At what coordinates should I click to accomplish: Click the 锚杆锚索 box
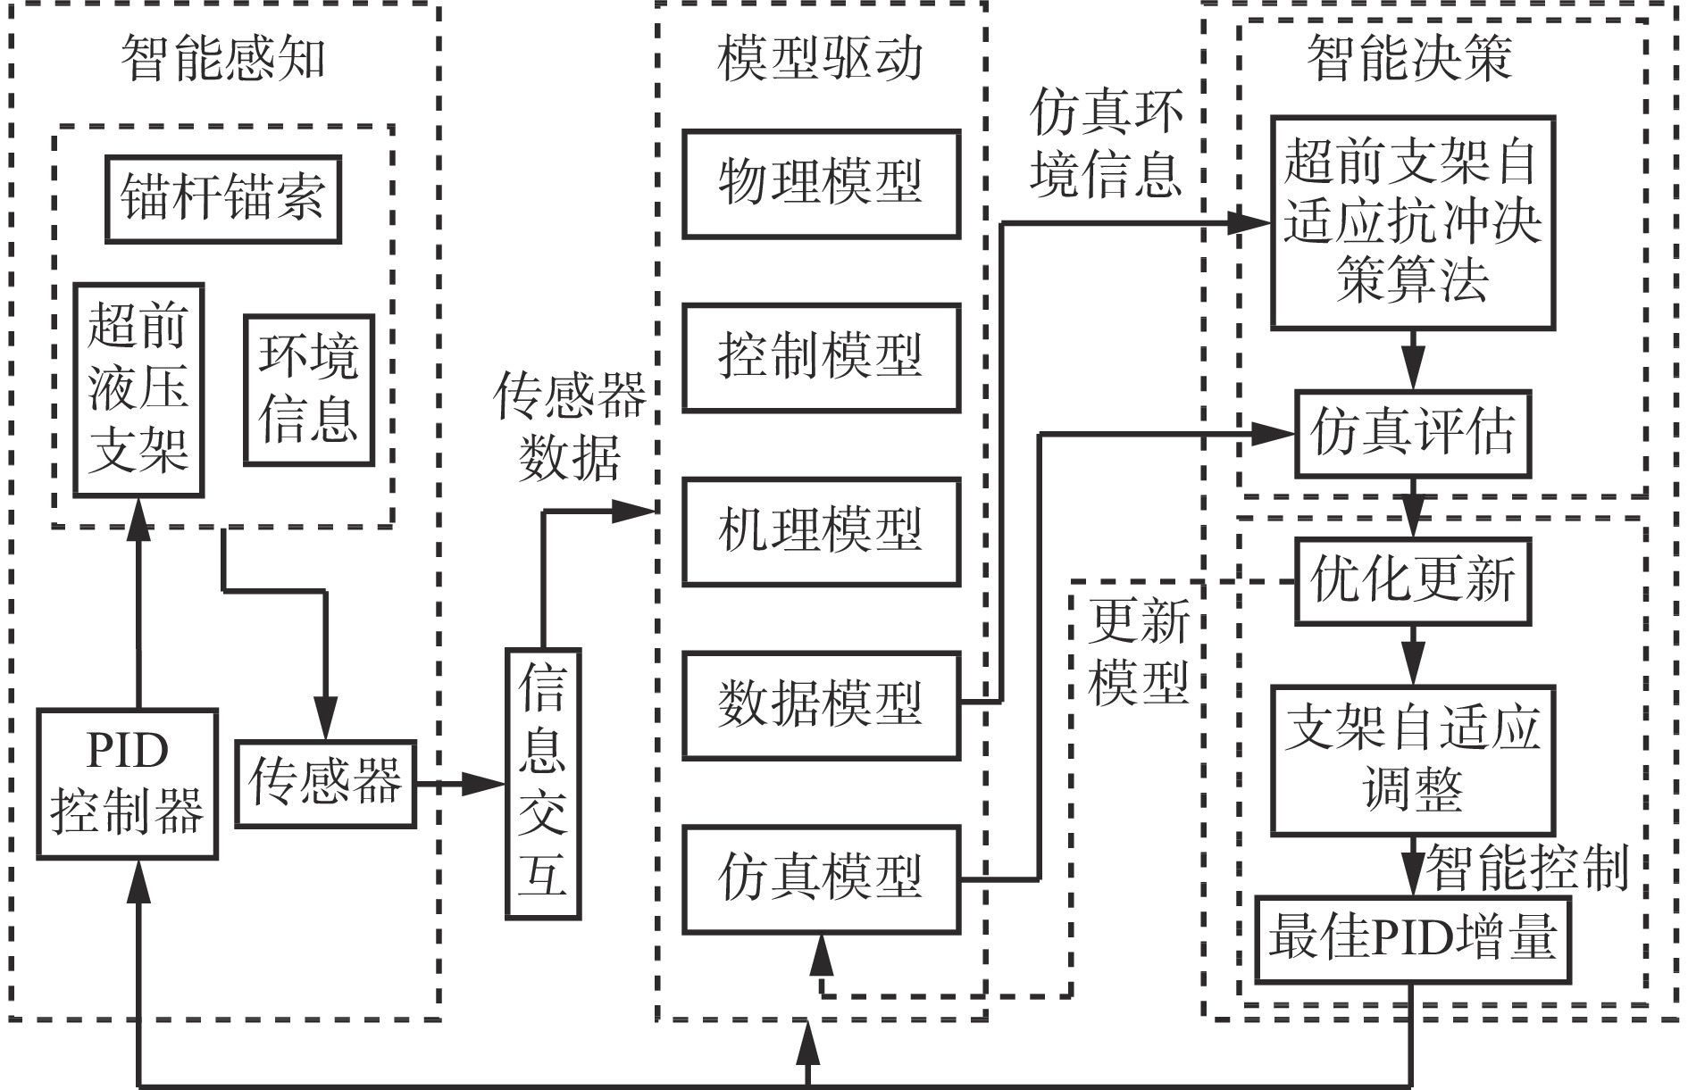[222, 199]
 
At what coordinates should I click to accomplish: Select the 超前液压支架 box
[138, 390]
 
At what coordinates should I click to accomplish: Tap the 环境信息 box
[308, 390]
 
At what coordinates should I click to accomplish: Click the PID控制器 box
[127, 784]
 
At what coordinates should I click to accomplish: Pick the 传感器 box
[325, 783]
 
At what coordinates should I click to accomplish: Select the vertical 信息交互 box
[543, 784]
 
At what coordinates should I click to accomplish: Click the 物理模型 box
[821, 184]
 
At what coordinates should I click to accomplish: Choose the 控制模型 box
[821, 357]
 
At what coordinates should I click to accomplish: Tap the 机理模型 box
[821, 531]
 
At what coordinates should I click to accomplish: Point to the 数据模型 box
[821, 705]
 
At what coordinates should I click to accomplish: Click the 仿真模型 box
[821, 879]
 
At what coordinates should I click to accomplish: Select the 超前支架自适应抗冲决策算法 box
[1413, 221]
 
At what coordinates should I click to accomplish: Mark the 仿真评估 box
[1413, 434]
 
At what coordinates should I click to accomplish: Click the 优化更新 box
[1413, 580]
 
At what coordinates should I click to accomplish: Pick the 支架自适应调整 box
[1413, 760]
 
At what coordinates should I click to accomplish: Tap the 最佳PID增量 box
[1413, 939]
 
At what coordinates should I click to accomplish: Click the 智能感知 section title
[223, 59]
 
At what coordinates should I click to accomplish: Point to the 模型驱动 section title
[820, 59]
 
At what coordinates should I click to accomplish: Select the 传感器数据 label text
[570, 427]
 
